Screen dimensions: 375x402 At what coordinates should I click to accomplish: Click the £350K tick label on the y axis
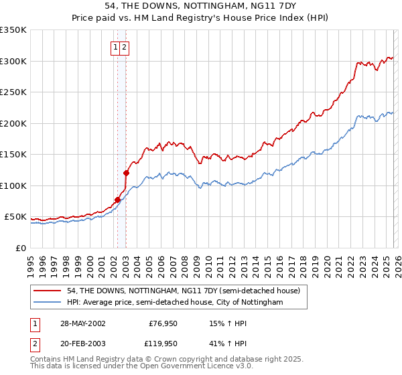pos(13,30)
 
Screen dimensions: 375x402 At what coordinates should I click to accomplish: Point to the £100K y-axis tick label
pos(13,185)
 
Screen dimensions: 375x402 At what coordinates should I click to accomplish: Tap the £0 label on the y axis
pos(21,248)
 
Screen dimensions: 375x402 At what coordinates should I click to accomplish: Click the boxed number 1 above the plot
pos(116,48)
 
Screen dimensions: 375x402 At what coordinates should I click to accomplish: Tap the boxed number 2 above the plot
pos(125,48)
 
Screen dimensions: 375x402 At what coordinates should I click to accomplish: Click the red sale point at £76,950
pos(118,200)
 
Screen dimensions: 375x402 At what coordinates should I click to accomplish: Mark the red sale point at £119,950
pos(126,173)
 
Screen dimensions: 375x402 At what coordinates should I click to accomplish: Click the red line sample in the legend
pos(46,291)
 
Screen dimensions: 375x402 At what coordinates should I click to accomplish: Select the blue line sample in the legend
pos(46,303)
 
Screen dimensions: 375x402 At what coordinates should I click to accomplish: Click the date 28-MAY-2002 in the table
pos(82,323)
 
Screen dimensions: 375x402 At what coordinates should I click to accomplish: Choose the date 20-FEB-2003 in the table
pos(82,344)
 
